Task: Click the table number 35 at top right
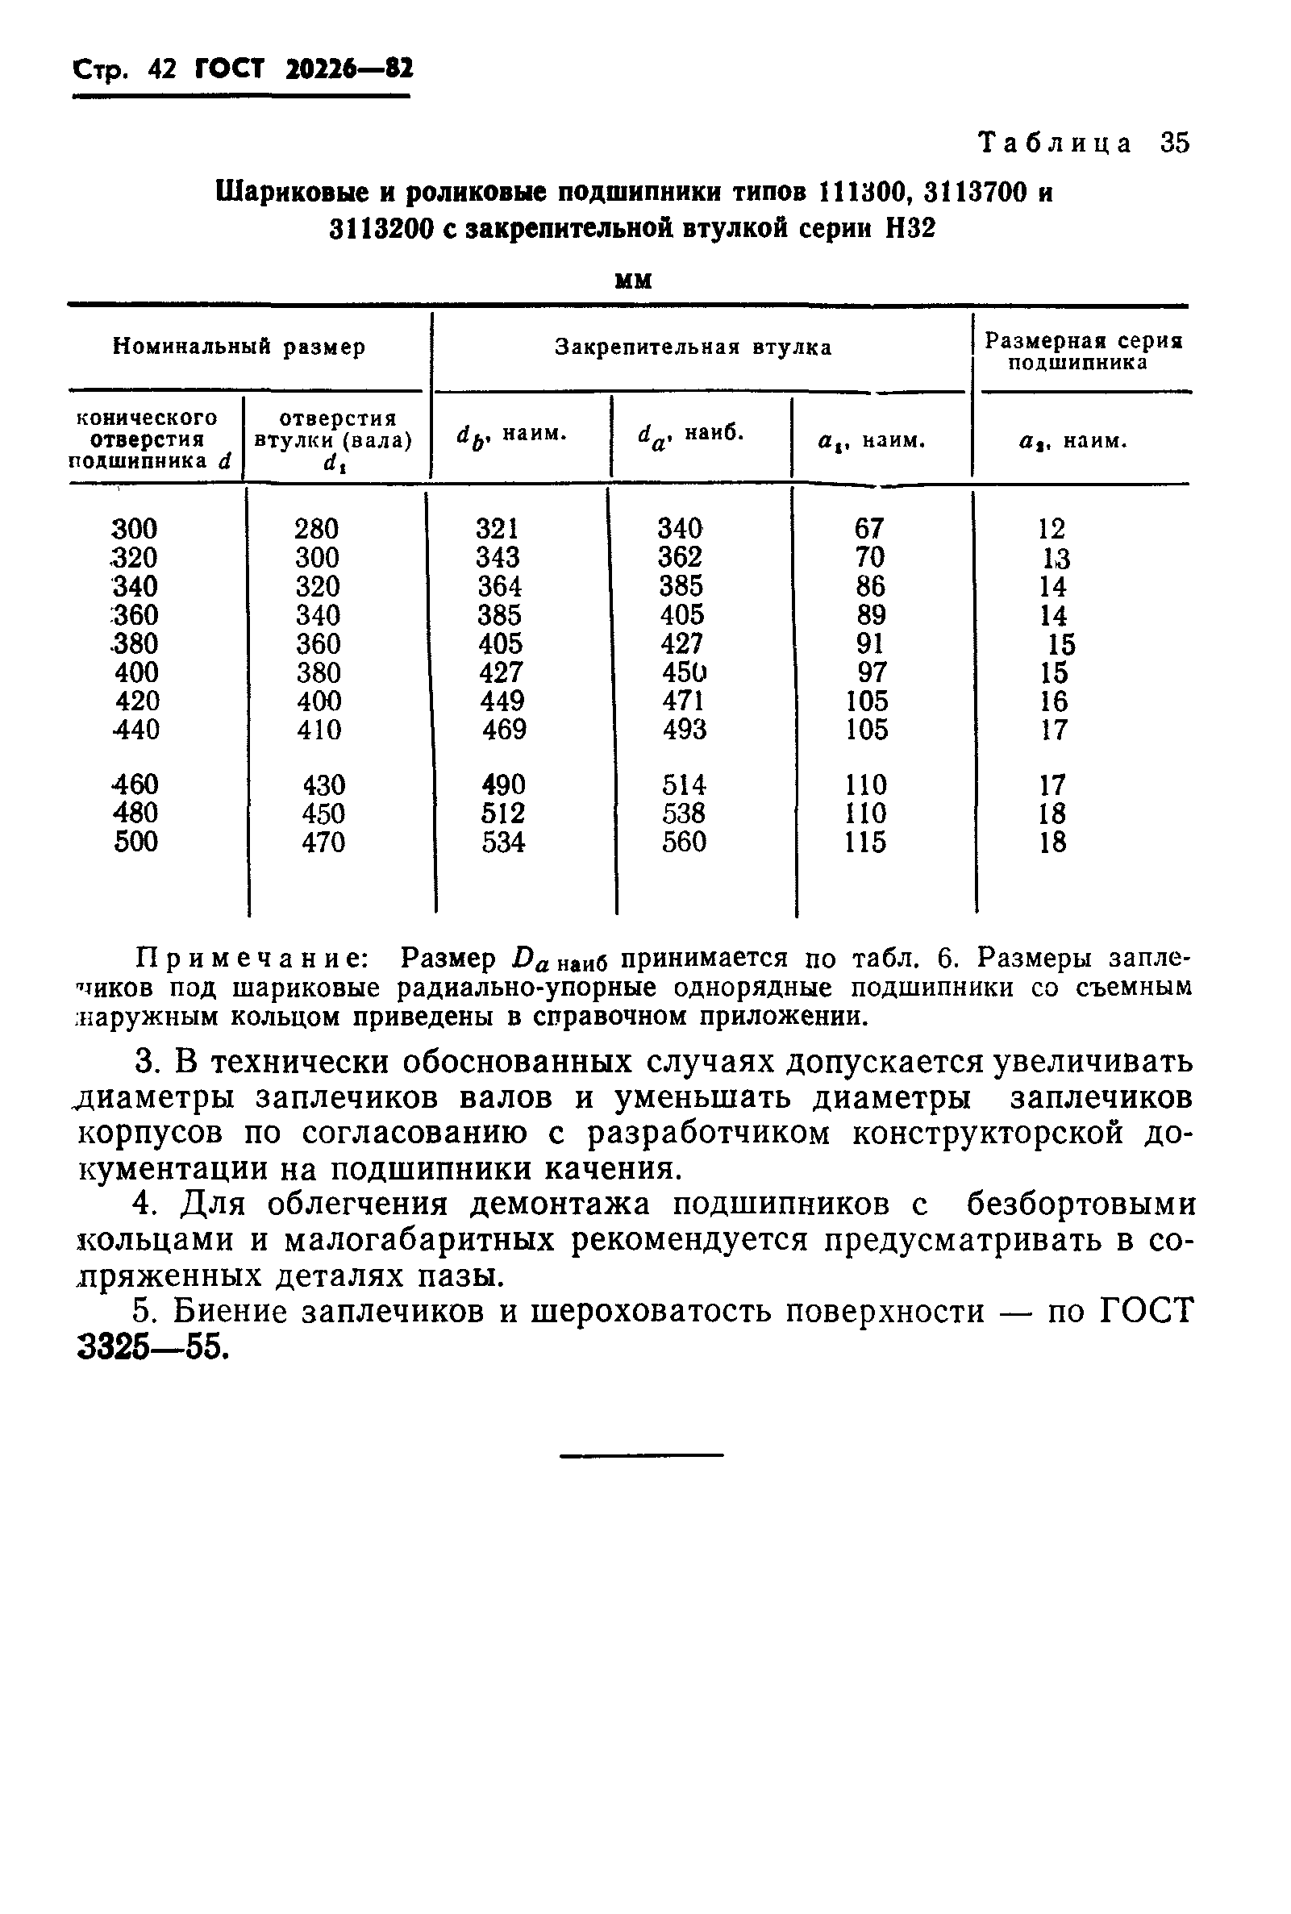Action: pos(1175,143)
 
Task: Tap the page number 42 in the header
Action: pos(162,69)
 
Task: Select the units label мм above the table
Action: pos(634,281)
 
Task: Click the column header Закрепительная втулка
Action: pos(693,347)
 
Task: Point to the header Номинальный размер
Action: pos(239,347)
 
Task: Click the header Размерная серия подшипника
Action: pos(1083,352)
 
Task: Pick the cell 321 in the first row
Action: pos(497,528)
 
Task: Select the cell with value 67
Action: pos(868,528)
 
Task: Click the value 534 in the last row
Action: pos(503,843)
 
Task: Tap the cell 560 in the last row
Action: pos(684,843)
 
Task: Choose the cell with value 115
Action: pos(865,843)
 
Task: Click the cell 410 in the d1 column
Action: pos(319,730)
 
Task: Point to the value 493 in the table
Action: pos(684,730)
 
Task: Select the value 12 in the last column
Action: pos(1052,528)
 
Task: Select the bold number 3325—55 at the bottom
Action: pos(152,1348)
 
